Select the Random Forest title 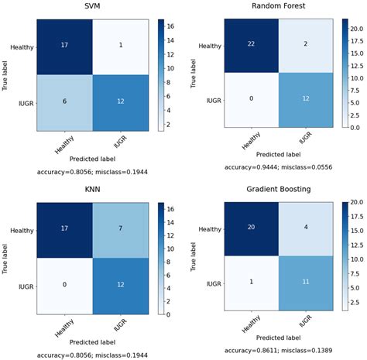click(277, 7)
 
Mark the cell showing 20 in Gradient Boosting click(249, 228)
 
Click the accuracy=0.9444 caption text click(277, 166)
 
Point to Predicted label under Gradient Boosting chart click(277, 334)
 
